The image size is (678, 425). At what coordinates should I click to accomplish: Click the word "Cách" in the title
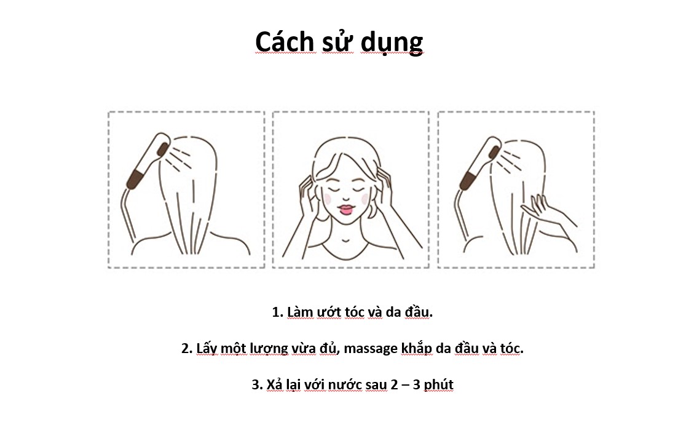285,42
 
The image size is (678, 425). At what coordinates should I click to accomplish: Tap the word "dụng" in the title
392,44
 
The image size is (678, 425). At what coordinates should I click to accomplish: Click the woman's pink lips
347,210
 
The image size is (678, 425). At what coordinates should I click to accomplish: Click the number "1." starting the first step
277,312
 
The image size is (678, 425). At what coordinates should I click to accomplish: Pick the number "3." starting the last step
258,384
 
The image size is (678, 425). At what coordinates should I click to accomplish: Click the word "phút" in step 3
438,385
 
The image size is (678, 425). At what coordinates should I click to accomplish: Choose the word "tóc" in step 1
354,311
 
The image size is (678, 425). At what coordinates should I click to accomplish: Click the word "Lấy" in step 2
207,348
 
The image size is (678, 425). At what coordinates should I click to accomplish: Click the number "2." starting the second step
187,348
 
